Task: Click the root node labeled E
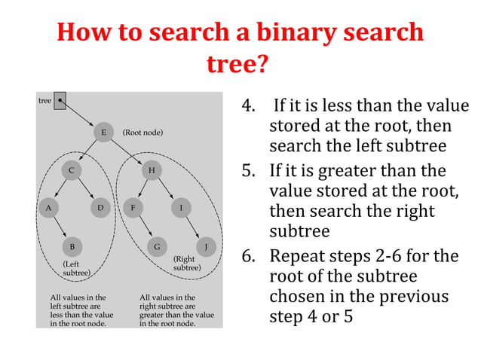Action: (x=103, y=133)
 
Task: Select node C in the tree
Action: (x=72, y=170)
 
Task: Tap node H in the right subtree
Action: (x=152, y=170)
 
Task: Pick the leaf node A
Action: (x=48, y=206)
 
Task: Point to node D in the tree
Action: (x=100, y=206)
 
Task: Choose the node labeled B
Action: (x=72, y=246)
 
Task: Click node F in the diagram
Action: (x=133, y=206)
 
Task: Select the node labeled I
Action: (x=181, y=206)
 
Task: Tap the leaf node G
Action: (x=157, y=246)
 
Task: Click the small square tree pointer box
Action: (x=60, y=99)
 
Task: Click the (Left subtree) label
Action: (x=76, y=268)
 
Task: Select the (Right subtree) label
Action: (x=186, y=263)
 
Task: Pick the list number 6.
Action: (x=247, y=256)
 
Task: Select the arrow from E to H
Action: (x=127, y=151)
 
